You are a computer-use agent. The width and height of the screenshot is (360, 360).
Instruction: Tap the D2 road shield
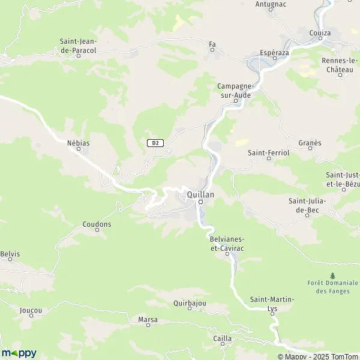[155, 143]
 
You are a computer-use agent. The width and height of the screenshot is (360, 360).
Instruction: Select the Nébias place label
[79, 144]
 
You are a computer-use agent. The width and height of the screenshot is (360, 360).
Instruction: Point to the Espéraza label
[274, 52]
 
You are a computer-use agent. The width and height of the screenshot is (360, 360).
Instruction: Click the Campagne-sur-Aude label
[235, 91]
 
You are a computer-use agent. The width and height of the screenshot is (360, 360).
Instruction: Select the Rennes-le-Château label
[338, 65]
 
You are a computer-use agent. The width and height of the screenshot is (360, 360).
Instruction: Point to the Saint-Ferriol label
[269, 153]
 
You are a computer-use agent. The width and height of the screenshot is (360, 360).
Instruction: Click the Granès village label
[310, 143]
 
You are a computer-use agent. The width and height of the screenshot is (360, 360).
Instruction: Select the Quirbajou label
[190, 304]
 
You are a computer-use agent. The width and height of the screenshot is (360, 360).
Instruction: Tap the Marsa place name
[148, 320]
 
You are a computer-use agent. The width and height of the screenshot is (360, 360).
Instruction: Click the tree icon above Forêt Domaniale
[332, 275]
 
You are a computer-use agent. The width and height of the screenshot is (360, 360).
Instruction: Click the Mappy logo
[19, 353]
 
